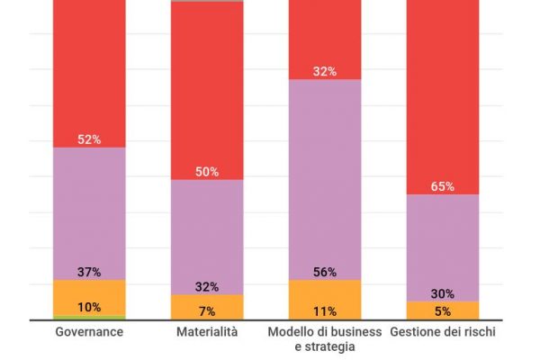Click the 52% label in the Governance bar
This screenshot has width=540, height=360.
[89, 139]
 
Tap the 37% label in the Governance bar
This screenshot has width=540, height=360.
[89, 272]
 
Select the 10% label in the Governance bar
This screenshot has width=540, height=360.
[89, 307]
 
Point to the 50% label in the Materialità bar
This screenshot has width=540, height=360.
[207, 172]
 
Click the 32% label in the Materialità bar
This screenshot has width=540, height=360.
[207, 287]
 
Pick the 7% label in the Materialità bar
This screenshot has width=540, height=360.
[207, 311]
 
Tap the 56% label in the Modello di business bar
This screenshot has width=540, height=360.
[325, 272]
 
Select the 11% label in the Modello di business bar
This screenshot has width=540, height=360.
[325, 311]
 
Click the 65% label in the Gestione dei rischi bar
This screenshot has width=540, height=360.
[443, 187]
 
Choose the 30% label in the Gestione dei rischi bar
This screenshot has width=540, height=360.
[443, 293]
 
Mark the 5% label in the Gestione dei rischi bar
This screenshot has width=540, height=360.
[443, 311]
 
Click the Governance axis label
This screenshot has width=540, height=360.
[89, 332]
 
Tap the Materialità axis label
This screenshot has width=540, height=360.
[207, 332]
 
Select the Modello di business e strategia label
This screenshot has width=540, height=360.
[325, 338]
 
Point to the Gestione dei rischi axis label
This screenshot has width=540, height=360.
[443, 332]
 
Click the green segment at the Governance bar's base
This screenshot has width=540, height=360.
[89, 318]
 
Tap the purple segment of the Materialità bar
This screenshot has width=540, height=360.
[207, 234]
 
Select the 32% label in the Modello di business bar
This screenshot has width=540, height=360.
[325, 71]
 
